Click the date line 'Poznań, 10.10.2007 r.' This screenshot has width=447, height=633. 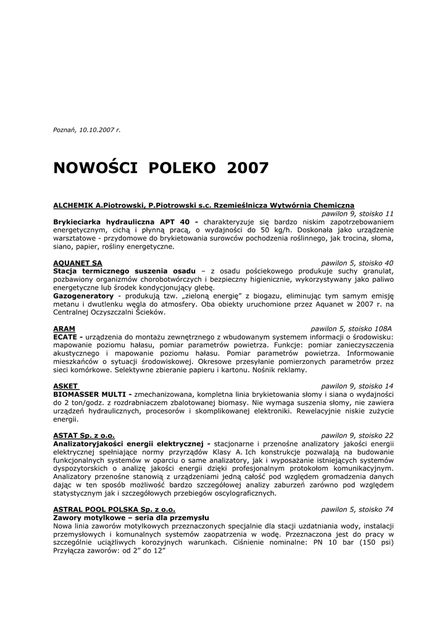87,130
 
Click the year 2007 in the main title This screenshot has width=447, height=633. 248,168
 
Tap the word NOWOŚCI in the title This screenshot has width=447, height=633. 95,168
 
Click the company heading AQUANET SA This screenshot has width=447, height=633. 78,263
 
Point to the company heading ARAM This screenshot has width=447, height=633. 64,328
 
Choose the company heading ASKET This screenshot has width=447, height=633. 65,386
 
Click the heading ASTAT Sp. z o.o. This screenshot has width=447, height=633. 84,435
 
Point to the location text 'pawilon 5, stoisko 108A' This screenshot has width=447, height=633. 351,328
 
